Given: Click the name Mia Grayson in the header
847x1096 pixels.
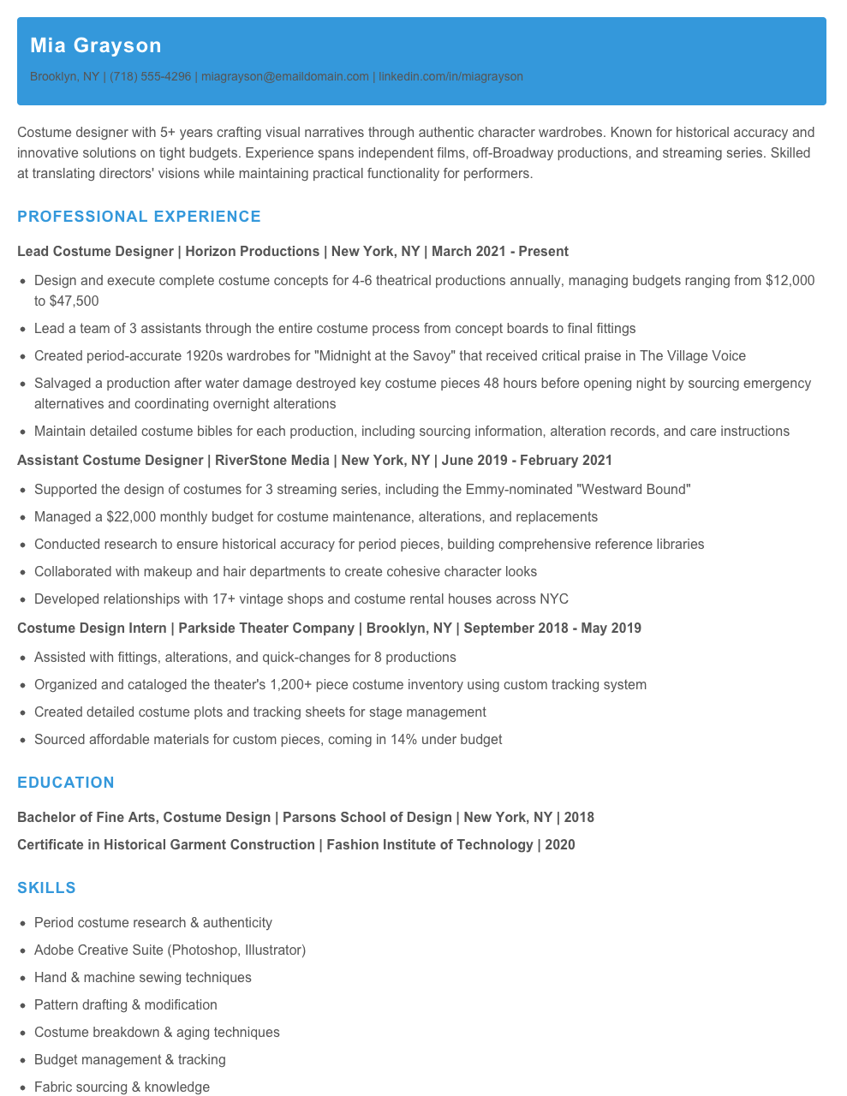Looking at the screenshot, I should tap(95, 45).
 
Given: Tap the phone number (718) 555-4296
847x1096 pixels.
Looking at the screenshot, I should tap(150, 76).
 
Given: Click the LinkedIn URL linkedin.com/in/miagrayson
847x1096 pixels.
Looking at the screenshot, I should tap(450, 76).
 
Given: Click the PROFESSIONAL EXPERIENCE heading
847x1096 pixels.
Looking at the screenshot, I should tap(139, 217).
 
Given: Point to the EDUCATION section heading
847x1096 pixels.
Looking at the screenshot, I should tap(66, 783).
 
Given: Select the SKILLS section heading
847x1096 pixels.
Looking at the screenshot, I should tap(46, 888).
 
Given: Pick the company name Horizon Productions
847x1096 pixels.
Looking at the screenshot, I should tap(253, 252).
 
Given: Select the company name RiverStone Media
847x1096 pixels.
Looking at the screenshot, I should tap(272, 461).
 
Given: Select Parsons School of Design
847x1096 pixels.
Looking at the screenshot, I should tap(367, 818).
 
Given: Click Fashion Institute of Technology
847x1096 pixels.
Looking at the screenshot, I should tap(429, 845).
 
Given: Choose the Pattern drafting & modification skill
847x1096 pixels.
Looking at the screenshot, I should tap(126, 1005).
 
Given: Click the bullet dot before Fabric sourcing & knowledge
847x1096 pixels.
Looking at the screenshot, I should tap(23, 1087).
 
